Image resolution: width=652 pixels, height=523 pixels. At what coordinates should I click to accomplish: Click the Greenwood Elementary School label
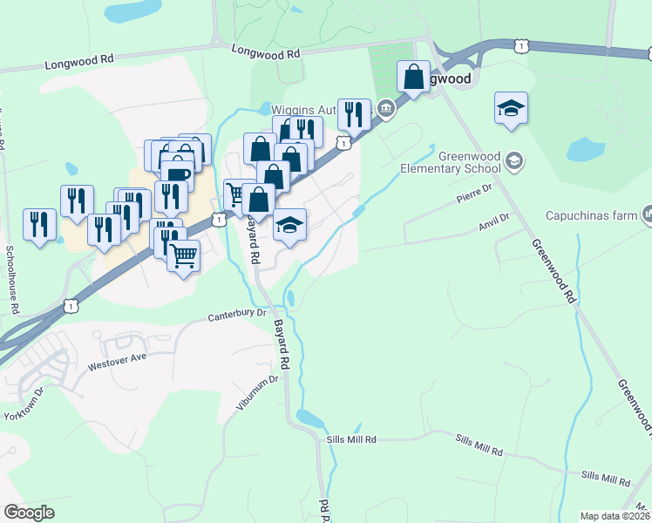[x=451, y=163]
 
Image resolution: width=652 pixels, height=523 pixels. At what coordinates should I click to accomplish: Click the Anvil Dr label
[x=492, y=221]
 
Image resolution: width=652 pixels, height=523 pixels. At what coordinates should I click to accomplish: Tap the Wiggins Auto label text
[x=303, y=110]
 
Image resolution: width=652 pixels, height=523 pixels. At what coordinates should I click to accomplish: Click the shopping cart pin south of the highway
[x=183, y=256]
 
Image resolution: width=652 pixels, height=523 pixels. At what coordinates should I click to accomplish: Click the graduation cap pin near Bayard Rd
[x=289, y=225]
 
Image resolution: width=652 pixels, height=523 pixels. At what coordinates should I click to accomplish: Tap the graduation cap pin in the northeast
[x=511, y=108]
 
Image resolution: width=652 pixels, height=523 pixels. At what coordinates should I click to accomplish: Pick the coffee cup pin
[x=177, y=174]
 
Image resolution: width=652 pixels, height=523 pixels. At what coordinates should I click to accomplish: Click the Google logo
[x=29, y=513]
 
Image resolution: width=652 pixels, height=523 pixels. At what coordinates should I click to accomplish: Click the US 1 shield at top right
[x=520, y=44]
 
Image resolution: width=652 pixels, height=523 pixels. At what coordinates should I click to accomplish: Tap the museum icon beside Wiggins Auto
[x=385, y=109]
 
